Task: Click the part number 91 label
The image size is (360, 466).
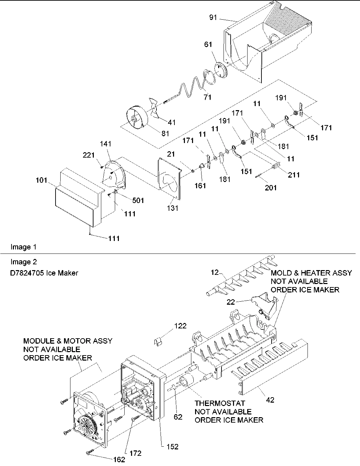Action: click(213, 17)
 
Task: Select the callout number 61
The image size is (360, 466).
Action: click(208, 45)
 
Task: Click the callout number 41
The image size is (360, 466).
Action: click(172, 122)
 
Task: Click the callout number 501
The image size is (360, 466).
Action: click(138, 200)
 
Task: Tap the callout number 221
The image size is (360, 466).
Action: click(88, 155)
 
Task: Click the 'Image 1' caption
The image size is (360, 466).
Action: click(23, 247)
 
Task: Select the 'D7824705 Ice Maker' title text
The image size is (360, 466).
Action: click(44, 273)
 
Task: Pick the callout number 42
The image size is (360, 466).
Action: click(270, 400)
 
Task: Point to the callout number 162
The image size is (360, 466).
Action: click(118, 460)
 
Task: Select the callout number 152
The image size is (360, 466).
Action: click(172, 447)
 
